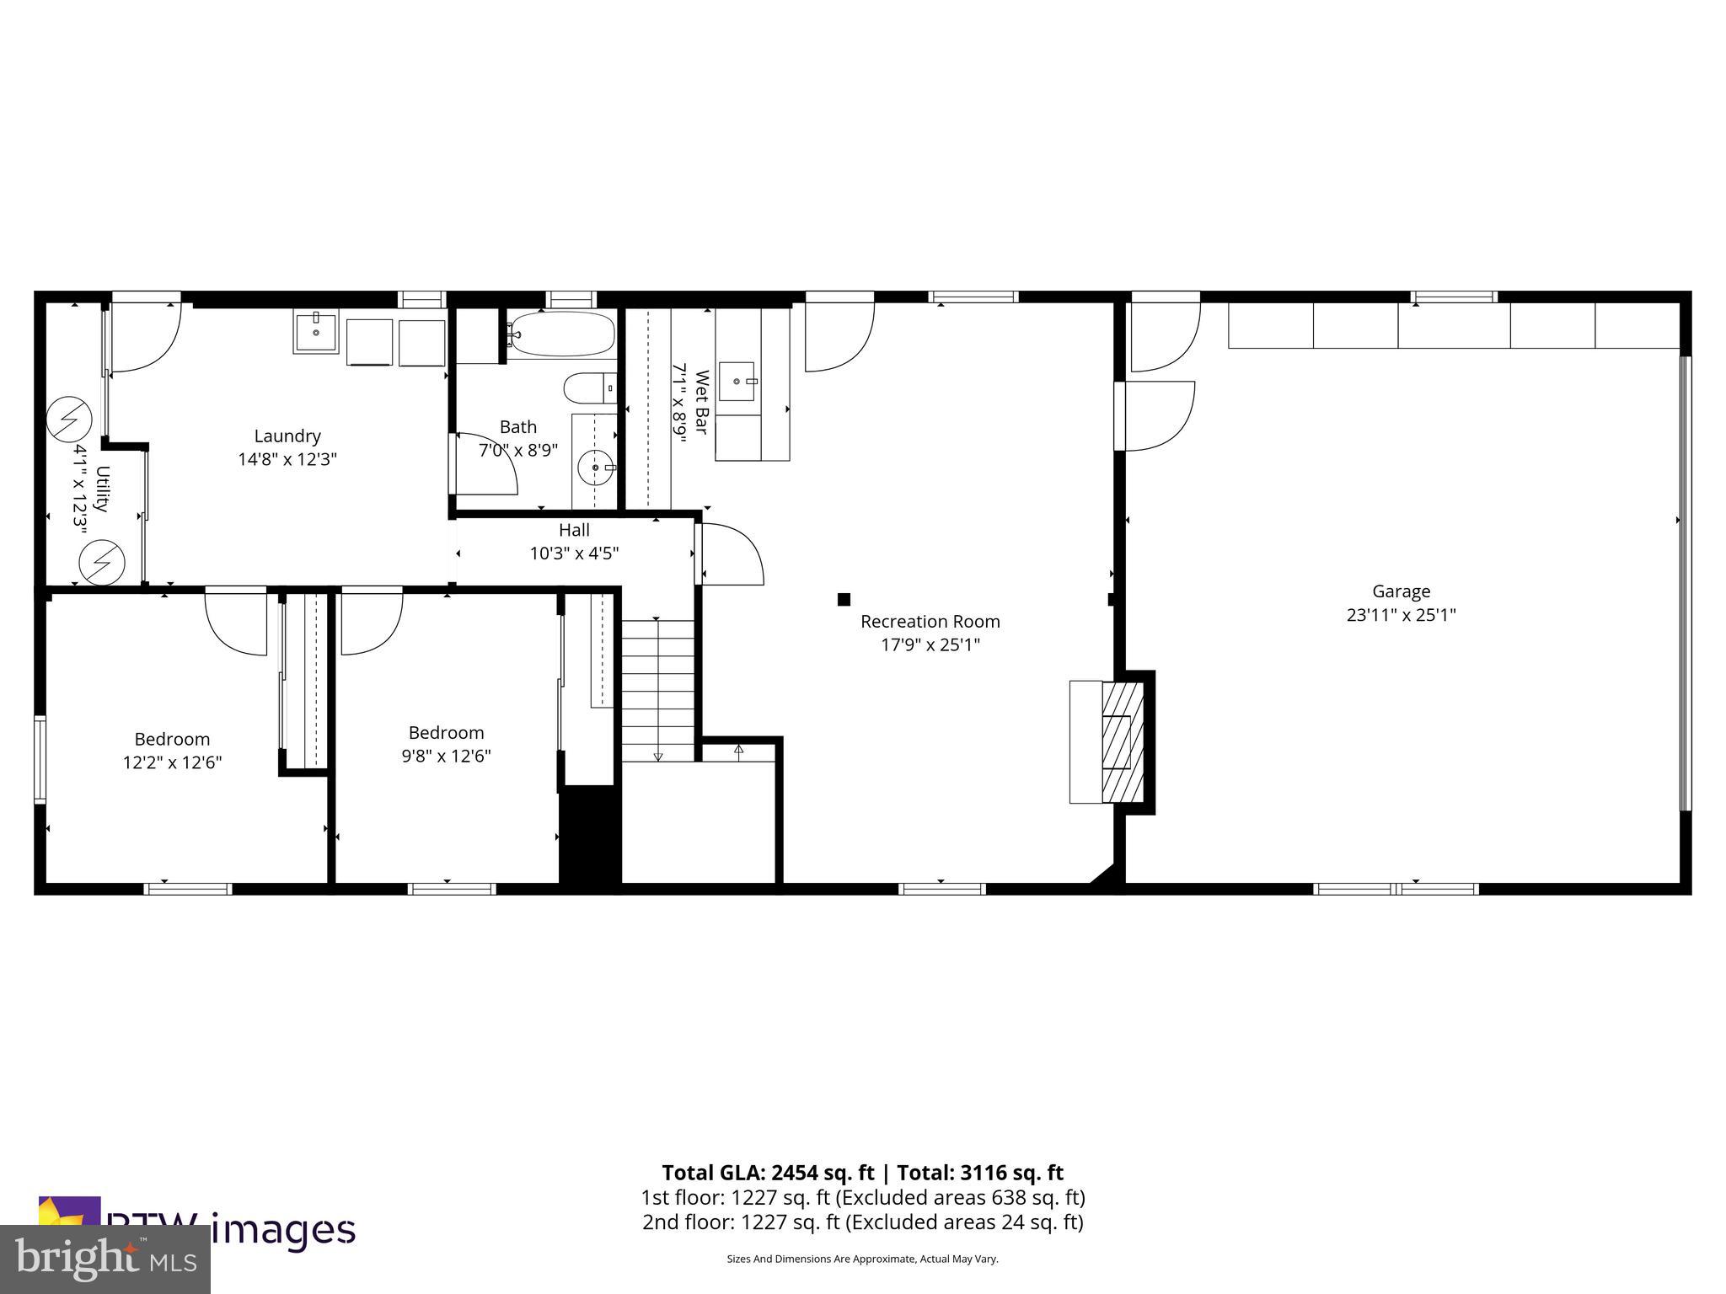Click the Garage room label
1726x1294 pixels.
point(1401,591)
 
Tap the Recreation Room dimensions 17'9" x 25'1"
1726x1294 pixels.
point(930,645)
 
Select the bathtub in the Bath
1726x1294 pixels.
point(562,334)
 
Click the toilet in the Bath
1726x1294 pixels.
point(589,388)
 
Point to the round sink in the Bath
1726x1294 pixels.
point(597,467)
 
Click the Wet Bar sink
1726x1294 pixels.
point(737,382)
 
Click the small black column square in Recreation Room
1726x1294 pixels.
point(844,599)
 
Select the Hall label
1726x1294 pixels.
point(574,530)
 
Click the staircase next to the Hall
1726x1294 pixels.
point(658,689)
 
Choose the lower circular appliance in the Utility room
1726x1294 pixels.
point(102,561)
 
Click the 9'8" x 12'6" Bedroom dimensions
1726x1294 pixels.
point(446,757)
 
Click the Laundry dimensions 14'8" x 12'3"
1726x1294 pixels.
point(287,460)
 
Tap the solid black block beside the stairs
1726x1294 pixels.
point(591,834)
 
